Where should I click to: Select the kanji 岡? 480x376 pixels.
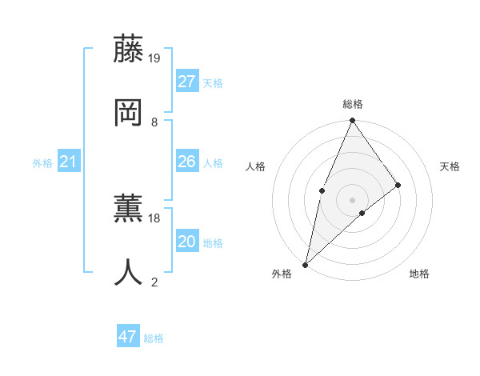pos(128,112)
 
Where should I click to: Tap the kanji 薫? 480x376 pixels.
pos(128,208)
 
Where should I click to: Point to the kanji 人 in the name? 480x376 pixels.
pos(128,272)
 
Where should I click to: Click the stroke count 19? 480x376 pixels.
pos(155,58)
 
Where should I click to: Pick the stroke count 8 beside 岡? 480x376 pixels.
pos(154,122)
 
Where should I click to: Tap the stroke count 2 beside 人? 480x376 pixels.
pos(154,282)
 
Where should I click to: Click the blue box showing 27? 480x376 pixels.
pos(187,82)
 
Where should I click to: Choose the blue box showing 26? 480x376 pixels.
pos(187,162)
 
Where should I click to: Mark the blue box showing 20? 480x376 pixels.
pos(187,242)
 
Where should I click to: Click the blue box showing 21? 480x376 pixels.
pos(69,162)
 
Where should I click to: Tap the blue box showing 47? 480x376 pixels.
pos(128,337)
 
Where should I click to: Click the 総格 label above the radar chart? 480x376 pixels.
pos(353,104)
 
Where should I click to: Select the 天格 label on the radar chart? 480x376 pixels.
pos(450,166)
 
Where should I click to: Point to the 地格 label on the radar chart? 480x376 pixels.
pos(419,274)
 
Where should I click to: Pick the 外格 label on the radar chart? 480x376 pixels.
pos(282,274)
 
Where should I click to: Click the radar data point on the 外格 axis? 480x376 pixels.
pos(305,264)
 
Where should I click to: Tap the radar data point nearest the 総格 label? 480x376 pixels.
pos(352,121)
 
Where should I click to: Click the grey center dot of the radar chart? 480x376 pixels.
pos(352,199)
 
